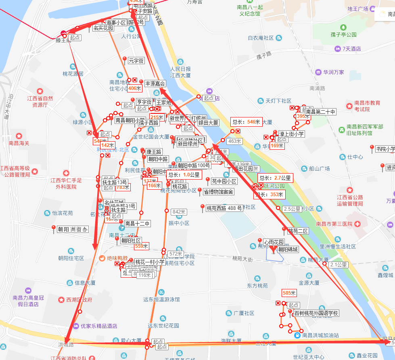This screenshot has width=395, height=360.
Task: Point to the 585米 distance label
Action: (289, 293)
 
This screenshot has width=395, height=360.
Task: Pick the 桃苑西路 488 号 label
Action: (224, 208)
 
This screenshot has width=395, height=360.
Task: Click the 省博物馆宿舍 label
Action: (218, 192)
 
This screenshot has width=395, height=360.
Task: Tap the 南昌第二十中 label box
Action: (320, 112)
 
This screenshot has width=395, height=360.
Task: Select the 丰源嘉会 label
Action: (155, 84)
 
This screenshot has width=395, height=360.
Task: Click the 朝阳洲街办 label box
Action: (73, 229)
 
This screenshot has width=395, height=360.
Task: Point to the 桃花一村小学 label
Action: (150, 262)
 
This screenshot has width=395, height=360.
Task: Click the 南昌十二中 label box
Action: (137, 224)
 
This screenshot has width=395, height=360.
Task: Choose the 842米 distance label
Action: (179, 212)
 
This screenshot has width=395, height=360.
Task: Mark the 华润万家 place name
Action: (333, 72)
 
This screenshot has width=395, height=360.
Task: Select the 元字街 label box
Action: (136, 61)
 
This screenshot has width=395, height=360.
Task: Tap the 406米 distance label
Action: (135, 88)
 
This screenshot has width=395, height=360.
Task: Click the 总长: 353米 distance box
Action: (270, 195)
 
